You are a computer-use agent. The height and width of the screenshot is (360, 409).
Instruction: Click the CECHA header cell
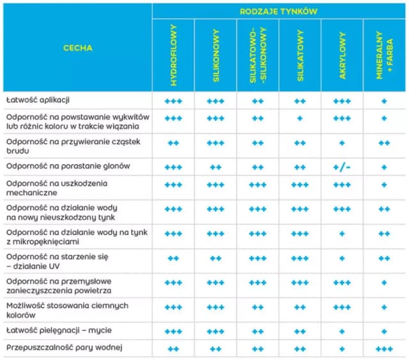[77, 48]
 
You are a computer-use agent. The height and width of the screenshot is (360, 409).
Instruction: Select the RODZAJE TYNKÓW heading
[279, 11]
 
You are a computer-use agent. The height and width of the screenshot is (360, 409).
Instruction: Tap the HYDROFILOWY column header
[173, 56]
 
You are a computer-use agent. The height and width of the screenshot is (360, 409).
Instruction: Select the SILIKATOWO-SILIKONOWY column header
[258, 56]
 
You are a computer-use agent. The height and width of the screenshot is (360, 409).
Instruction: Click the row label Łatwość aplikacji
[38, 101]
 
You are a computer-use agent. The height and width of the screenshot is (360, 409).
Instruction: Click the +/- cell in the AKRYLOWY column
[342, 167]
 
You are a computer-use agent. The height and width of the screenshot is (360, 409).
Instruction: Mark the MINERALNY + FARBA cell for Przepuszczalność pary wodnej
[384, 349]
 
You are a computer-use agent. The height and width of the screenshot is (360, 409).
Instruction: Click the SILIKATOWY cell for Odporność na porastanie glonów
[300, 167]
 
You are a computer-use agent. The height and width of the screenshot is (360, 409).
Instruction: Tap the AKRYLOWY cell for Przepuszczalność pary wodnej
[342, 349]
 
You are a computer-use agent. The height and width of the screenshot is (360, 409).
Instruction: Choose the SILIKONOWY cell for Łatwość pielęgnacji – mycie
[215, 331]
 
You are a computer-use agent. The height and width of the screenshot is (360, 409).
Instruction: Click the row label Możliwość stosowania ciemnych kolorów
[67, 310]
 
